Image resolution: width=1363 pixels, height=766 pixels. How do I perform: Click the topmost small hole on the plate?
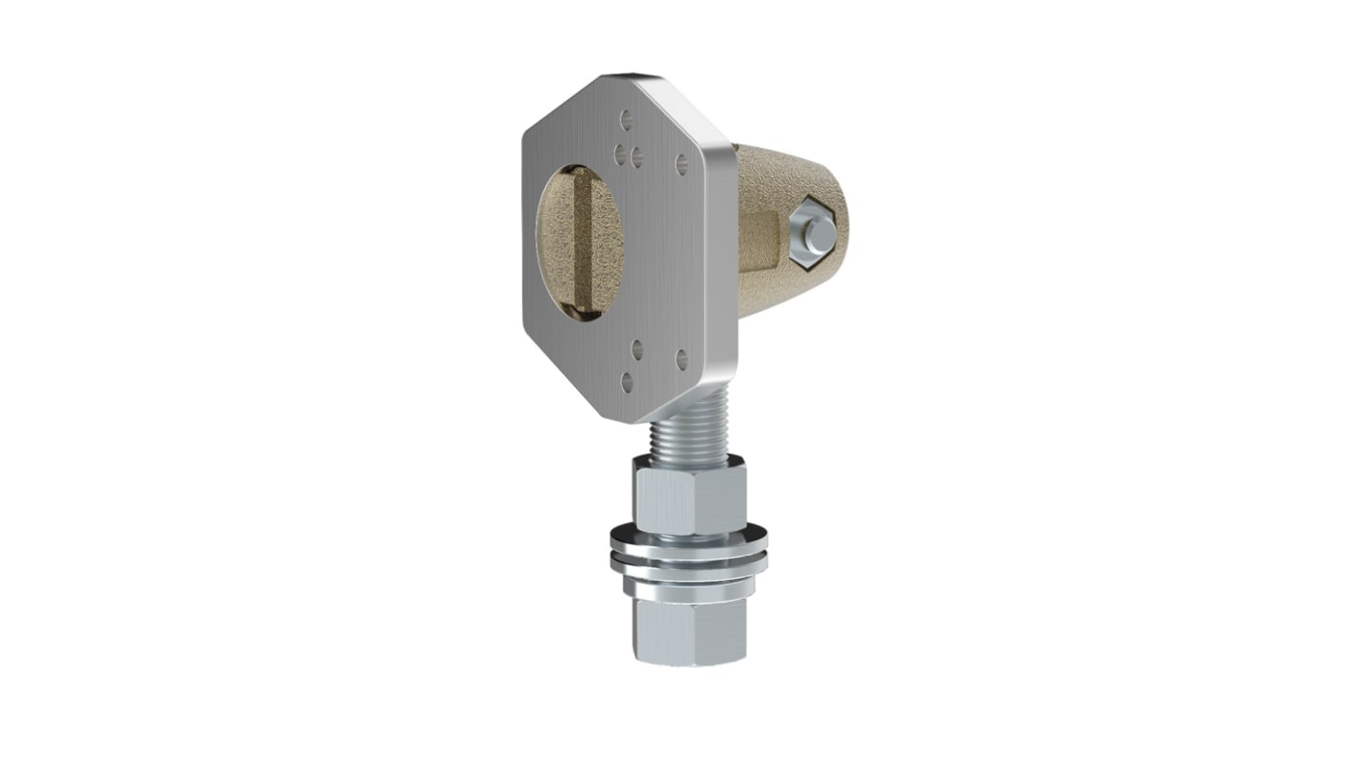(x=626, y=119)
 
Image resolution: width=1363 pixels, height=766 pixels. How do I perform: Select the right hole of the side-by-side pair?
(x=636, y=156)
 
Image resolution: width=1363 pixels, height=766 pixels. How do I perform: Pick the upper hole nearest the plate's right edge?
(x=681, y=164)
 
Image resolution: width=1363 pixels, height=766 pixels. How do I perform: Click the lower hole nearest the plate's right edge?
(x=681, y=360)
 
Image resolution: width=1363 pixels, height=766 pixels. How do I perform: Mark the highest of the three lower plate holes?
(x=636, y=348)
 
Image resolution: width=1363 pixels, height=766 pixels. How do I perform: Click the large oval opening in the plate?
(x=580, y=242)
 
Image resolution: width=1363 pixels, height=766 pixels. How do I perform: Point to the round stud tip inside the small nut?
(x=819, y=233)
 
